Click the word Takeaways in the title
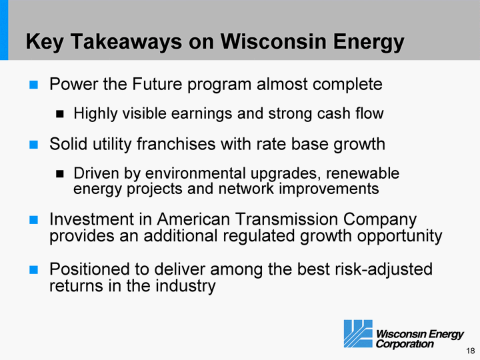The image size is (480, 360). pos(127,42)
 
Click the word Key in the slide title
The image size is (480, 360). pos(45,42)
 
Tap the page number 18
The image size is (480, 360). pos(471,351)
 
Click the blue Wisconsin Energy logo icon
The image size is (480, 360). pos(358,334)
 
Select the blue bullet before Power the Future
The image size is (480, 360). pos(34,85)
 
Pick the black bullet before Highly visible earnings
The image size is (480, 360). pos(60,114)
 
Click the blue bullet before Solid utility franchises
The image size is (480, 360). pos(34,145)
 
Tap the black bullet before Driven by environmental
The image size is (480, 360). pos(60,174)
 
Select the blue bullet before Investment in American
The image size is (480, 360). pos(34,220)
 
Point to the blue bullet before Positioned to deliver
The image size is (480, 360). pos(34,270)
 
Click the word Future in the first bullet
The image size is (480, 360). pos(157,84)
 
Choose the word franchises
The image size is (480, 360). pos(176,144)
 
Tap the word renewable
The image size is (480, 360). pos(363,173)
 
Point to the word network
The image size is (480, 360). pos(246,189)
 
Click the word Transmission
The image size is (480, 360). pos(287,219)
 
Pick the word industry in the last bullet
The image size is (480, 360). pos(185,286)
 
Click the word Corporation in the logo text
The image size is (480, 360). pos(405,344)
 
